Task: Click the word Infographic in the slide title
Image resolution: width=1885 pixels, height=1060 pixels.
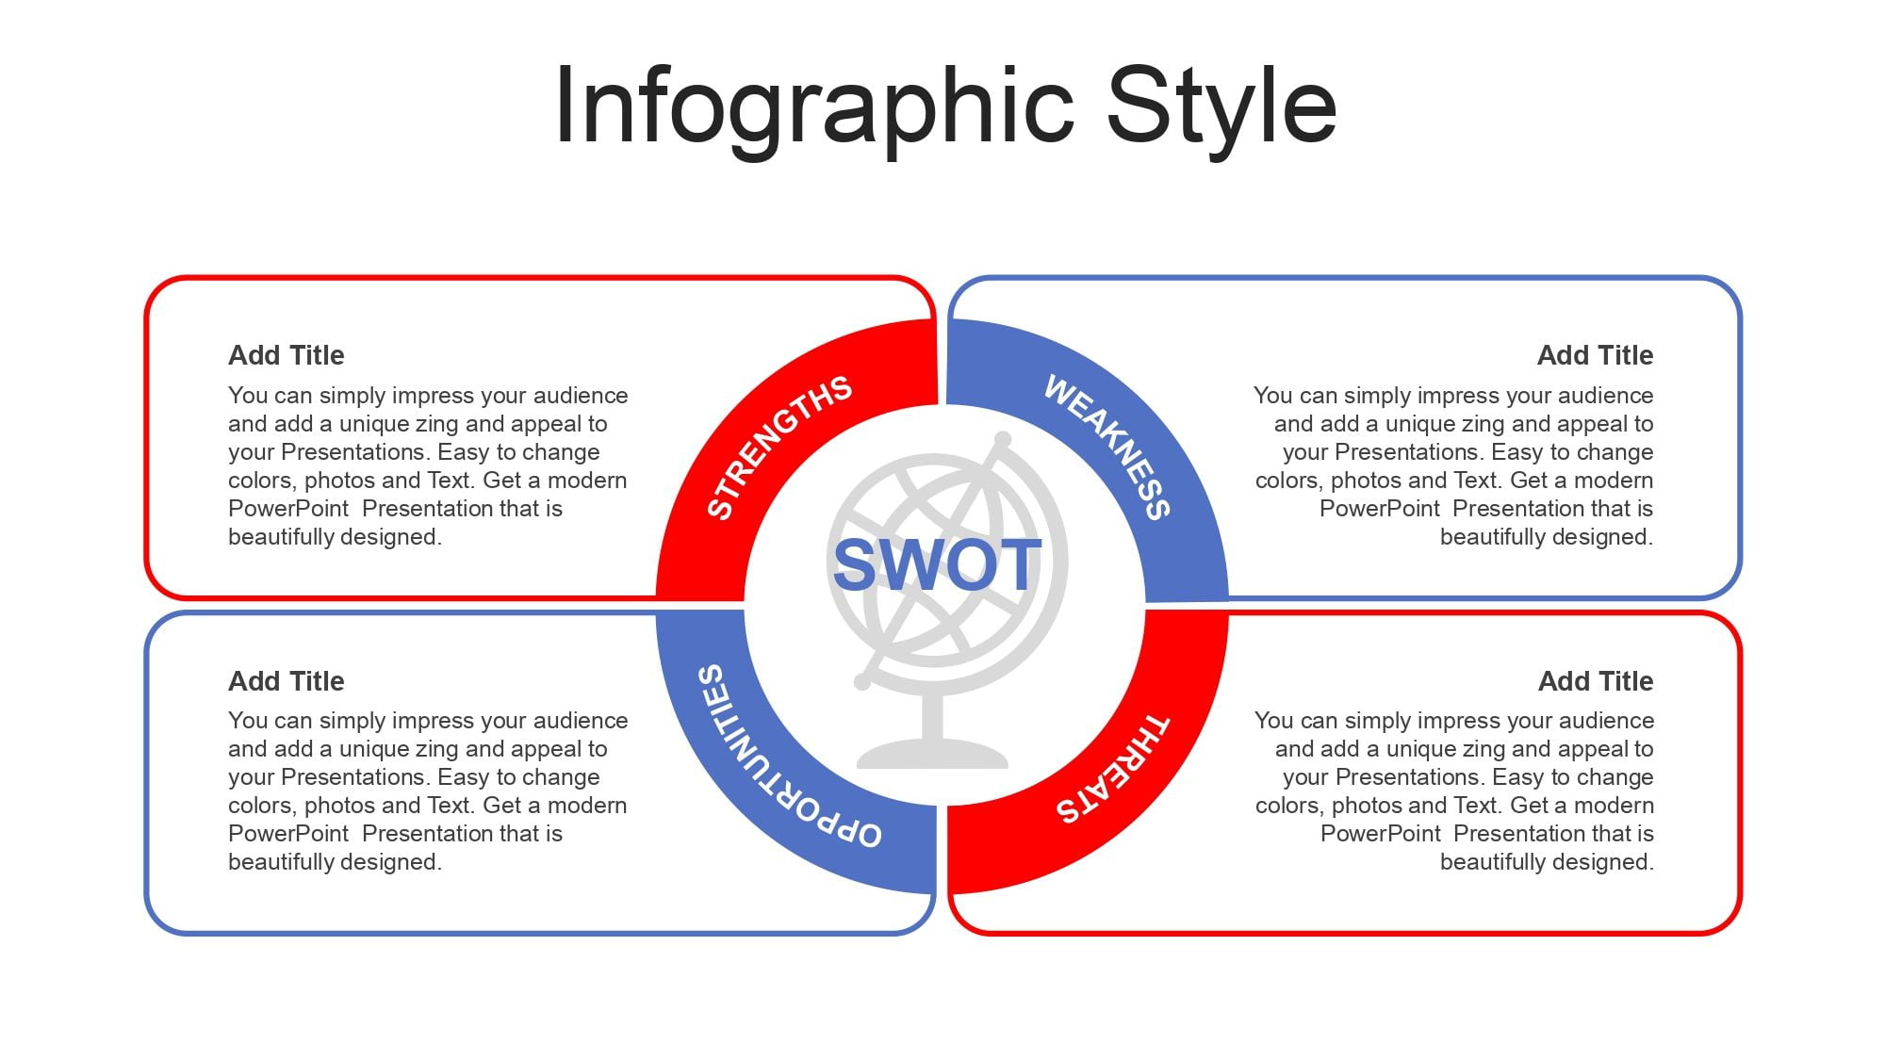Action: click(814, 106)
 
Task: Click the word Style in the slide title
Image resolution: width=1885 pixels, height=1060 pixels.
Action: click(1221, 106)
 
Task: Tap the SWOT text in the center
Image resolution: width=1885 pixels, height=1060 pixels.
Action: click(938, 565)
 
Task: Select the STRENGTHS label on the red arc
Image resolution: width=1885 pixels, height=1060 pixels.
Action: click(779, 447)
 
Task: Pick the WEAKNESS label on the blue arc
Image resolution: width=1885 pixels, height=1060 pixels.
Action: click(1108, 447)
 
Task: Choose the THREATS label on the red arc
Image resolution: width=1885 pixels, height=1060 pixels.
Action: click(1112, 769)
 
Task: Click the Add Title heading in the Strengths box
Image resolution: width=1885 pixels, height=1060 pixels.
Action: click(287, 355)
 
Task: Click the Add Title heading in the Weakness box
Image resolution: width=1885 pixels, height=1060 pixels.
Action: click(1595, 355)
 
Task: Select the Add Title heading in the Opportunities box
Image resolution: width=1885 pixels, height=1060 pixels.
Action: click(287, 681)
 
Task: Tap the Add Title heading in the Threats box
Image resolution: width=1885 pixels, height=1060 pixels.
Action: click(1596, 681)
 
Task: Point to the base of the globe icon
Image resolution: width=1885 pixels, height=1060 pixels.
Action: click(932, 754)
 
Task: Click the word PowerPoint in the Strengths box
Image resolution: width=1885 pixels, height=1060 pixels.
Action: click(288, 509)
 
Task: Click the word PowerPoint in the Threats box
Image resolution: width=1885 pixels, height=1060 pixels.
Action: click(1381, 834)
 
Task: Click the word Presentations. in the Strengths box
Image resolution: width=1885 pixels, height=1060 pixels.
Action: click(356, 452)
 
